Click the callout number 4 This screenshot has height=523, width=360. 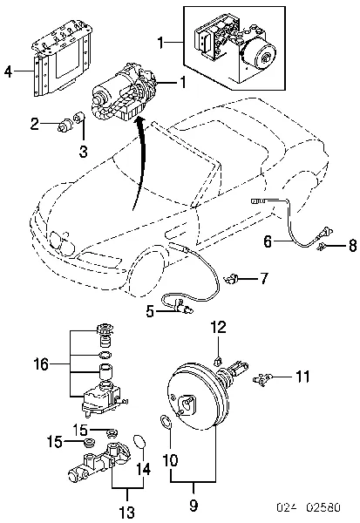[9, 71]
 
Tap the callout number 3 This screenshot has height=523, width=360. [84, 152]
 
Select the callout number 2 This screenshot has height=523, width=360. [35, 125]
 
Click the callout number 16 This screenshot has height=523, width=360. [41, 364]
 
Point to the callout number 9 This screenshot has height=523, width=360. [194, 506]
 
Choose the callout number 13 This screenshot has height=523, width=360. [127, 512]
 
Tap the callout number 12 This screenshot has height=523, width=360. [219, 327]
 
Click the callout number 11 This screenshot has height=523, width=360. [303, 377]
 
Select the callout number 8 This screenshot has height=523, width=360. [353, 246]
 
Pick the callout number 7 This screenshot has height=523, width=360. [263, 278]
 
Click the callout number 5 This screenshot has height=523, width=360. [150, 311]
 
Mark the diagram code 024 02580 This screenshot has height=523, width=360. [309, 508]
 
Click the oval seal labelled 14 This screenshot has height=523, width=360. [139, 442]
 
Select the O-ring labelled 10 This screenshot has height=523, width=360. [166, 422]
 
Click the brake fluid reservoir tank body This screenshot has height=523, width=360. [100, 399]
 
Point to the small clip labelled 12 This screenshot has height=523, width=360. [218, 360]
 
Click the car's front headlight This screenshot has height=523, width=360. [61, 241]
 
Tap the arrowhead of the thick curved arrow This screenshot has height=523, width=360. [141, 122]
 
